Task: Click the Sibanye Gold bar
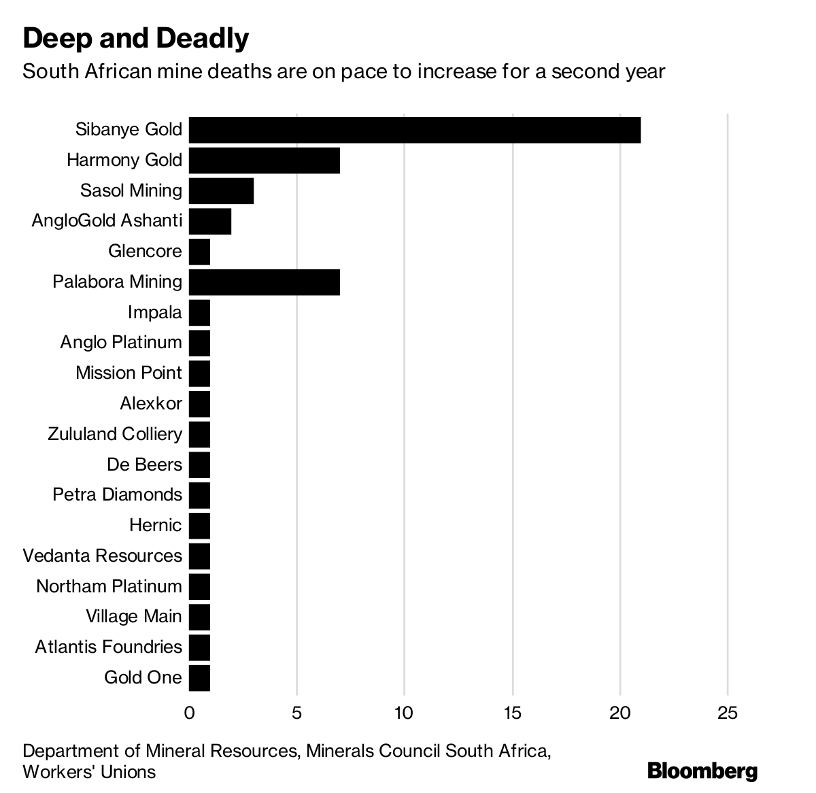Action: point(415,130)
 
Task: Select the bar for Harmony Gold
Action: point(265,161)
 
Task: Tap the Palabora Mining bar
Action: point(265,282)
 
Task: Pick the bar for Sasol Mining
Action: point(221,190)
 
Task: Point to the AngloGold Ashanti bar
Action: point(210,221)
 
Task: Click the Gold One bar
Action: point(199,678)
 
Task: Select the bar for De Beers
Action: point(199,465)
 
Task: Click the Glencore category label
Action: point(145,251)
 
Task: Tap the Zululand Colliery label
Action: point(115,434)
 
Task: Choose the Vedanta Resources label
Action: point(103,556)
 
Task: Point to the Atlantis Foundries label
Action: point(109,647)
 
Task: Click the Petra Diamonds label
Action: point(118,494)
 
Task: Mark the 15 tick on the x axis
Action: point(513,713)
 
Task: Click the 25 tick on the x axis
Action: point(728,713)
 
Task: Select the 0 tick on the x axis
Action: point(189,713)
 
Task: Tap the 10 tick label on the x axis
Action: point(405,713)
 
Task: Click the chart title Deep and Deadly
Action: point(136,39)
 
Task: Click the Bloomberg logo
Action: point(702,771)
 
